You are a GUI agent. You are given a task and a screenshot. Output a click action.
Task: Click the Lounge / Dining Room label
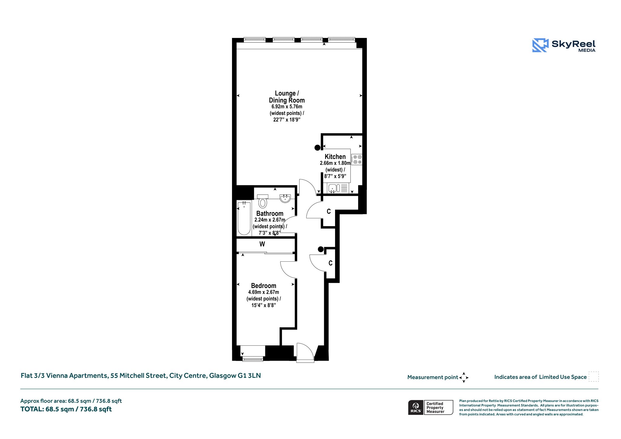287,97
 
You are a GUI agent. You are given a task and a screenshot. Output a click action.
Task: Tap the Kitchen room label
335,157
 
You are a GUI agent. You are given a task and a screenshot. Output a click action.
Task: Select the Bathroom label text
270,213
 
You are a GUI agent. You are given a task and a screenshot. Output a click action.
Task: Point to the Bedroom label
264,286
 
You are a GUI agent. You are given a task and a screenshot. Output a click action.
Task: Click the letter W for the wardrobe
262,244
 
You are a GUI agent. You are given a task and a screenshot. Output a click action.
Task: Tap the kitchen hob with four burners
357,159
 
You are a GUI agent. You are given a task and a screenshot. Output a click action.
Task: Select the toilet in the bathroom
263,201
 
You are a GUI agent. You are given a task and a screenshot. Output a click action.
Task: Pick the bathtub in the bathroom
244,218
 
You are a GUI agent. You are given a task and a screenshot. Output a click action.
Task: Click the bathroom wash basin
285,199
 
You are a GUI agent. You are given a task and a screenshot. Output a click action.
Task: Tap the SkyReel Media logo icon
540,45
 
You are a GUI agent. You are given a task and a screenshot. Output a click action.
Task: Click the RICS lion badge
416,407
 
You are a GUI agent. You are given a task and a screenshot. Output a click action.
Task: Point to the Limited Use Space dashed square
594,377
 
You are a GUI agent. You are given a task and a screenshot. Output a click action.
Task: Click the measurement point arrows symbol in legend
464,377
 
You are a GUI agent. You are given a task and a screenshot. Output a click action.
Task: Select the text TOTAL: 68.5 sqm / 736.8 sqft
66,409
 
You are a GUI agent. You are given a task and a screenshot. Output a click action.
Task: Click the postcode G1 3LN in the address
249,376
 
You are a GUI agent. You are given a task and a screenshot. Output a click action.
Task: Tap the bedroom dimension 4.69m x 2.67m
264,292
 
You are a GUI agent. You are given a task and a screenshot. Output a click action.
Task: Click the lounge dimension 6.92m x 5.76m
287,107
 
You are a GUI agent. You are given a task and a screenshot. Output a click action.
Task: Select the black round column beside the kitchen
317,148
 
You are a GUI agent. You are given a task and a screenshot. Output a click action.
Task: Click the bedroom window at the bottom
253,360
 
